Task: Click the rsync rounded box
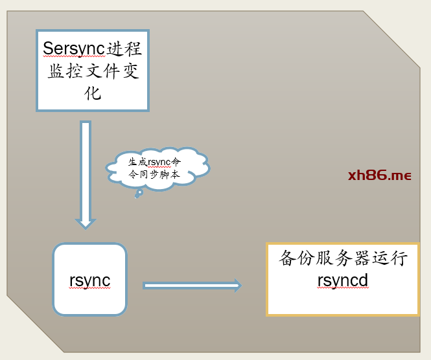89,280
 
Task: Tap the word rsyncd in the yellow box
343,280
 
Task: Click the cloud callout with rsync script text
157,168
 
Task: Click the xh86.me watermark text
379,175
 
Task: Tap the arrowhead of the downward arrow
86,223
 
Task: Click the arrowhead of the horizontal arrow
237,285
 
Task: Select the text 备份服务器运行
343,259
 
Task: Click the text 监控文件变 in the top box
93,71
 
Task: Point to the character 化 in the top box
93,93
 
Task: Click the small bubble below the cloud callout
138,194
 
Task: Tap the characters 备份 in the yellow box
294,259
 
